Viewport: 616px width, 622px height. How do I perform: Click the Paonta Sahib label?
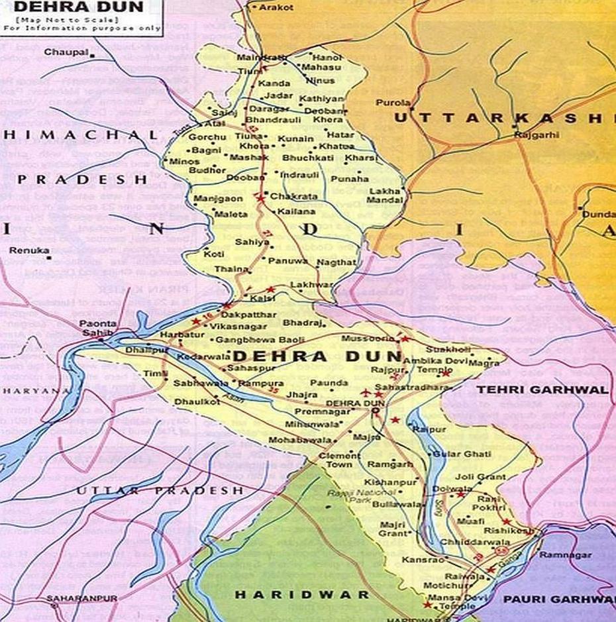[99, 329]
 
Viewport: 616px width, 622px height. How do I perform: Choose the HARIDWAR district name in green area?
[301, 595]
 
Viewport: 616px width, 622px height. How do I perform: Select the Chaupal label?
[66, 52]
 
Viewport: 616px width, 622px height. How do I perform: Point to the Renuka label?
[29, 250]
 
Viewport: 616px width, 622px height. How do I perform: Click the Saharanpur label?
[81, 599]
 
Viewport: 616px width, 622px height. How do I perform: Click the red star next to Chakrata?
[260, 198]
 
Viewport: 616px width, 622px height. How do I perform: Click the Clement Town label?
[340, 460]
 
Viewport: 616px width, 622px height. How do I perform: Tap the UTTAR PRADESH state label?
[160, 490]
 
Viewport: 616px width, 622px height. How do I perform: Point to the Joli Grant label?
[480, 477]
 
